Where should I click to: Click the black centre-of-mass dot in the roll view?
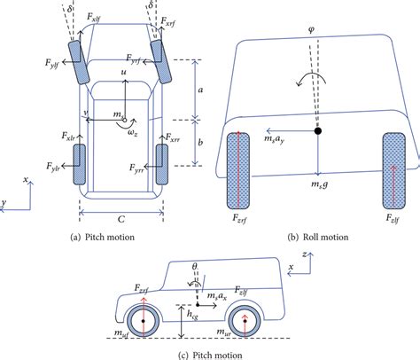point(317,131)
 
